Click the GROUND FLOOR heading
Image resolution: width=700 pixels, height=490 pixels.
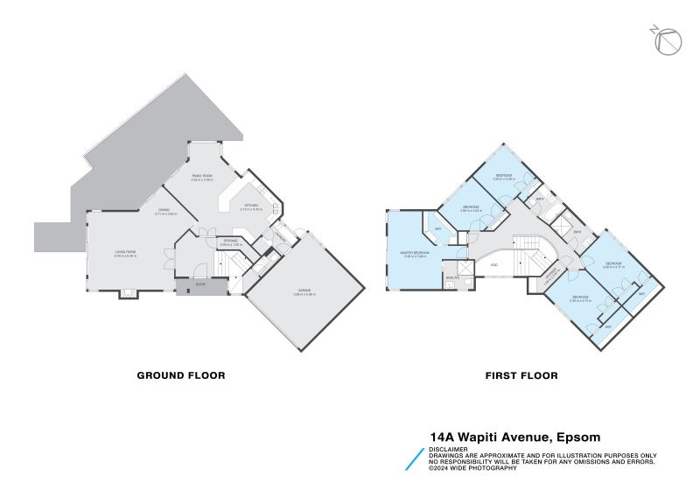pyautogui.click(x=181, y=375)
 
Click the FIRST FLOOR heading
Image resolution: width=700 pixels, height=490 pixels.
pyautogui.click(x=521, y=375)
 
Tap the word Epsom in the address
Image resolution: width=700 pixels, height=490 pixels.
pyautogui.click(x=577, y=436)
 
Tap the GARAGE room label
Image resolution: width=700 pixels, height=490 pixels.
pyautogui.click(x=304, y=290)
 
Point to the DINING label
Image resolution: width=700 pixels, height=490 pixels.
pyautogui.click(x=164, y=210)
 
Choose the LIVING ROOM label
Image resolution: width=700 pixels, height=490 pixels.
pyautogui.click(x=126, y=254)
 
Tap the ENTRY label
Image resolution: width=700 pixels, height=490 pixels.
pyautogui.click(x=200, y=284)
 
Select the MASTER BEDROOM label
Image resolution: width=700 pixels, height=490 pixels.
pyautogui.click(x=415, y=254)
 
